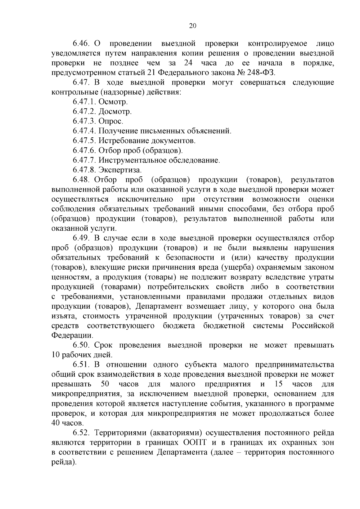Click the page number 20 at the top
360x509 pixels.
tap(193, 26)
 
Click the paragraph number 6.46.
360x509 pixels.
tap(81, 44)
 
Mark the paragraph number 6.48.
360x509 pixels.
tap(81, 180)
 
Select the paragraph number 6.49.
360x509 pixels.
tap(81, 238)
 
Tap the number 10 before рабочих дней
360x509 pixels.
tap(56, 355)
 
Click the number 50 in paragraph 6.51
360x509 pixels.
tap(103, 384)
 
